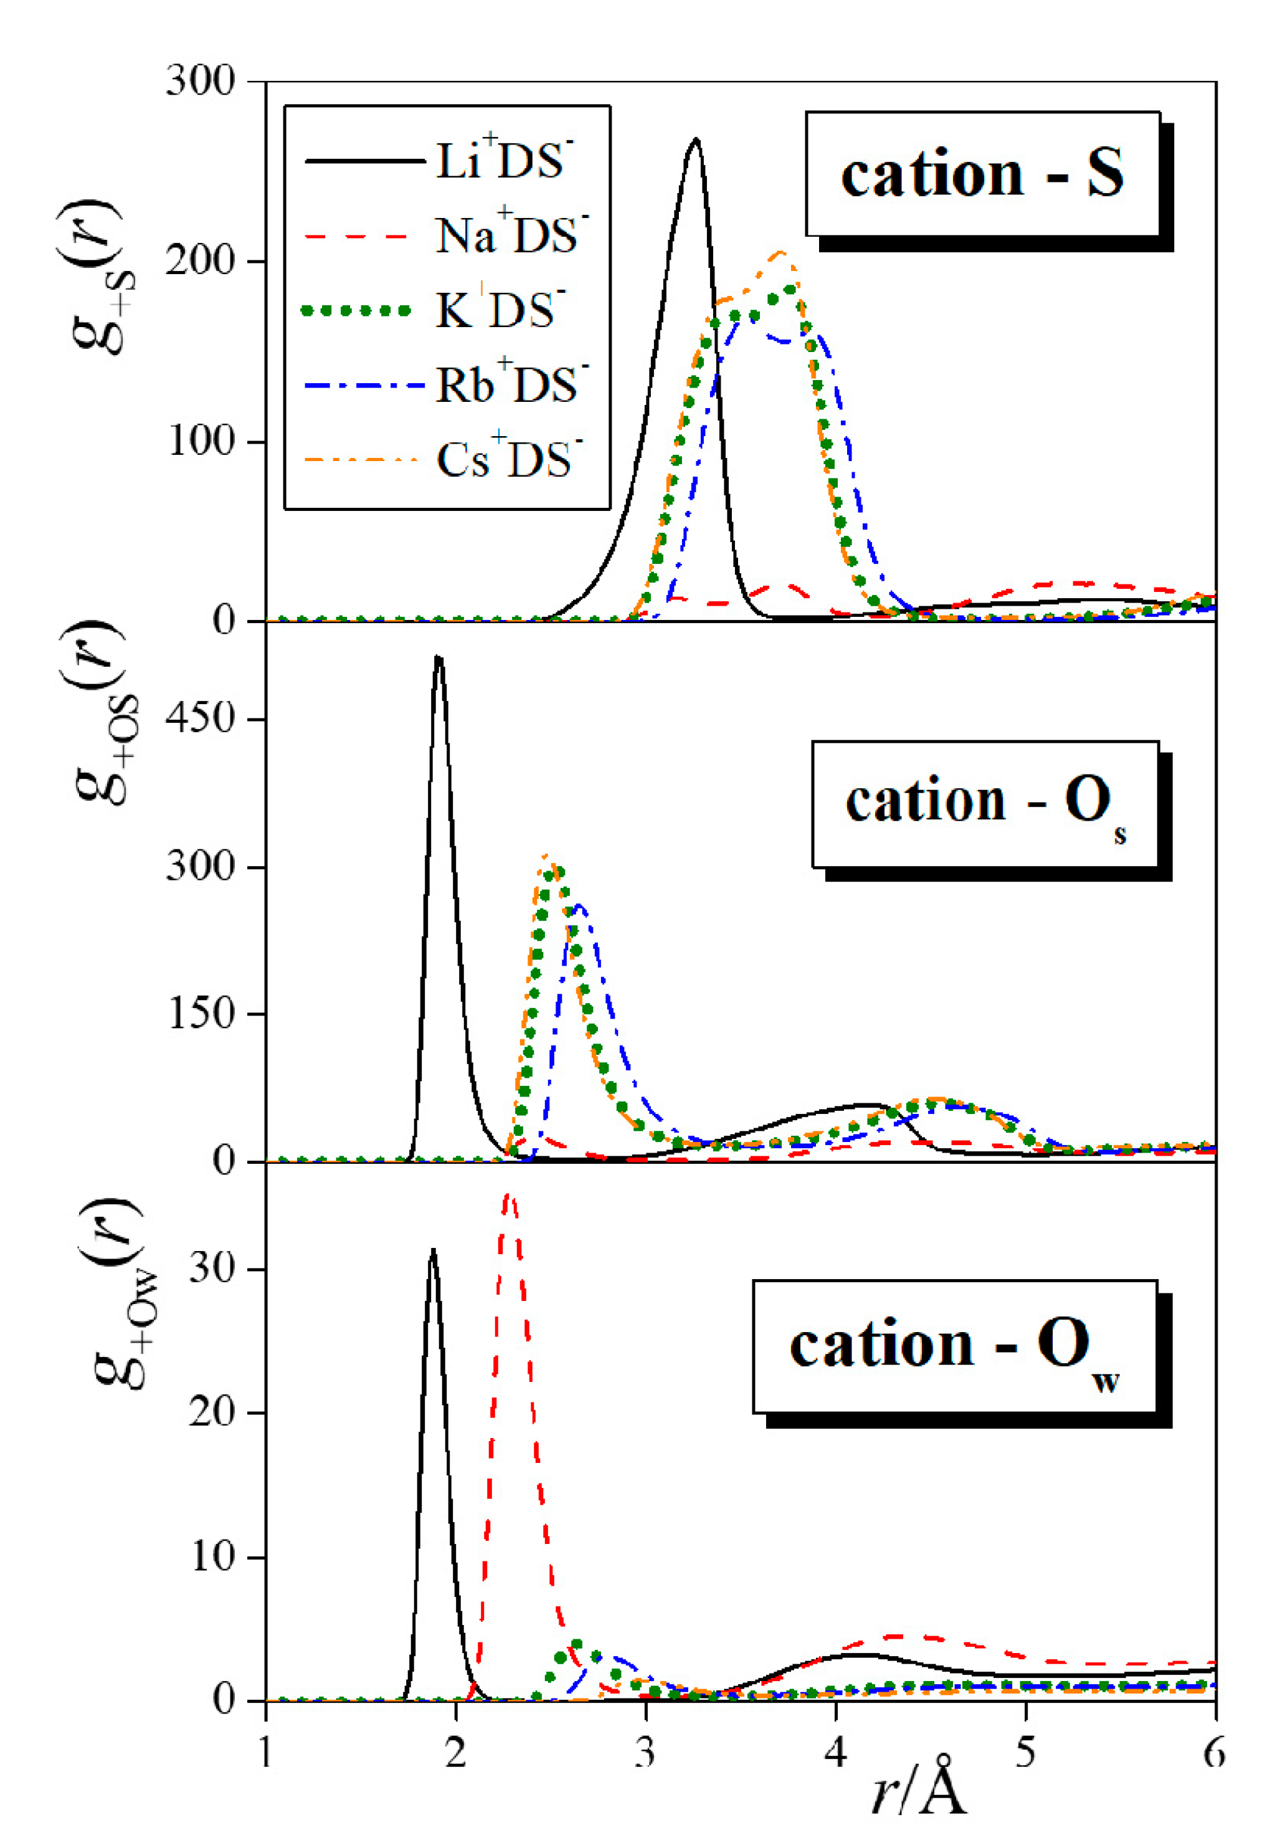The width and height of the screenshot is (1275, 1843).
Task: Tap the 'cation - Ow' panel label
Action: coord(955,1346)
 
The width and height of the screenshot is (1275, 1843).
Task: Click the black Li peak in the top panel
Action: coord(696,141)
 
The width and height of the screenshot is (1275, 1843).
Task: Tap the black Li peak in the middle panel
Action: coord(438,659)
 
